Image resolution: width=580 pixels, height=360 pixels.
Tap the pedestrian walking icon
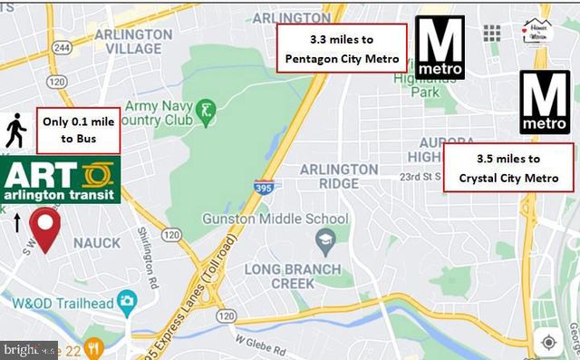tap(15, 130)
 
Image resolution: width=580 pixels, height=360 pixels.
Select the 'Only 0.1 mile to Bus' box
tap(79, 131)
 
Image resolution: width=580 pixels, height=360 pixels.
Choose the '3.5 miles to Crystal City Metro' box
tap(508, 168)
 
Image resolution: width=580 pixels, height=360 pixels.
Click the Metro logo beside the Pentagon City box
tap(440, 48)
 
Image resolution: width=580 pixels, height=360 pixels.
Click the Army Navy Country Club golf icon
tap(207, 112)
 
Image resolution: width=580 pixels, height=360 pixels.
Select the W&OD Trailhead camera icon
tap(127, 298)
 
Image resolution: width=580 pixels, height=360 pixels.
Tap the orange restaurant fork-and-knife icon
tap(112, 346)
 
